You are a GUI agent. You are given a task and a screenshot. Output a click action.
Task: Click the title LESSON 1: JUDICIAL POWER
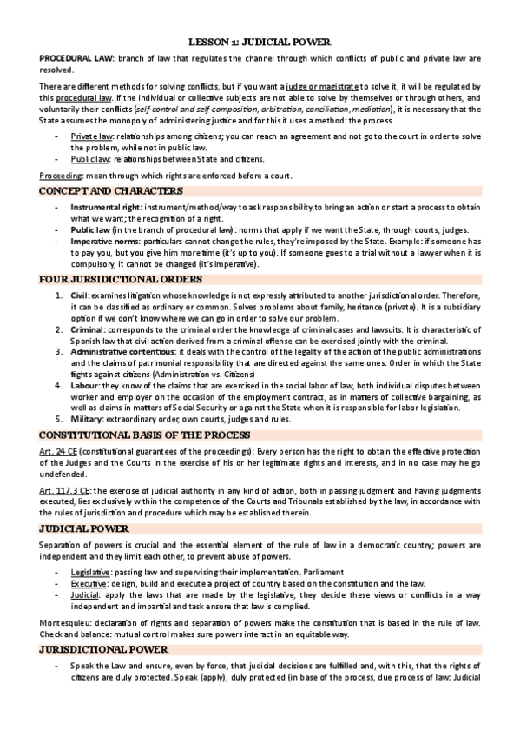coord(260,41)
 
